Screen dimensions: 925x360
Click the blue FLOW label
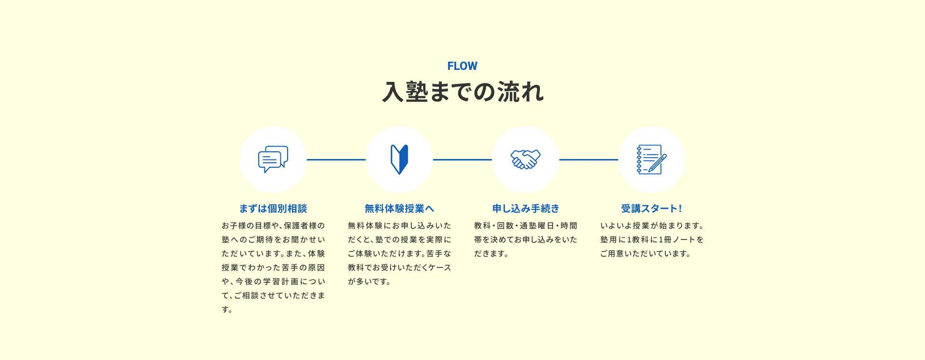[462, 66]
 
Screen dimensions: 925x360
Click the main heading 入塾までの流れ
[462, 92]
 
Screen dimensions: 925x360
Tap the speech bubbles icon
[273, 159]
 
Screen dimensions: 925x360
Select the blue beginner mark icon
[399, 160]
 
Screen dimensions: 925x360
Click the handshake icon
[526, 160]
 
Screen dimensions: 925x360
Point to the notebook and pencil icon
[652, 160]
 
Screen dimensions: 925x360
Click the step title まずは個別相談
[273, 209]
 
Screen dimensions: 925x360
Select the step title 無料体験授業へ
[399, 209]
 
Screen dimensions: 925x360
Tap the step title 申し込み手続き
[526, 209]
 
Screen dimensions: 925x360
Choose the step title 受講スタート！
[651, 209]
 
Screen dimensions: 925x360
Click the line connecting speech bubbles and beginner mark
[336, 160]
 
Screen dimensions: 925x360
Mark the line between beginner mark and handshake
[462, 160]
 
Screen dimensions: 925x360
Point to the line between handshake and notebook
[589, 160]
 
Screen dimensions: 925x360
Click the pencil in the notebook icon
[658, 163]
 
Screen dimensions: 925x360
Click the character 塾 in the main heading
[417, 92]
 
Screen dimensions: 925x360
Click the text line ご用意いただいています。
[646, 253]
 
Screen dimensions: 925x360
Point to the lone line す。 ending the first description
[227, 309]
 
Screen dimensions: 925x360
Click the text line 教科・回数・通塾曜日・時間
[526, 226]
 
